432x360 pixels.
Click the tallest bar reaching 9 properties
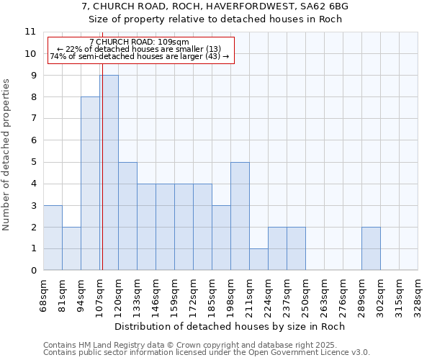(x=109, y=173)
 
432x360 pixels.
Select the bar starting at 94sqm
(x=90, y=184)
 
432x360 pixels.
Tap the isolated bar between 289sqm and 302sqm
(x=371, y=248)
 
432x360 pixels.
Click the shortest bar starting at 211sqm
(x=258, y=259)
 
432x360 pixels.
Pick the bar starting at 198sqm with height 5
(x=240, y=216)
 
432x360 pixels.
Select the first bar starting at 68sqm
(x=53, y=238)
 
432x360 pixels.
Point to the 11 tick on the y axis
(x=30, y=32)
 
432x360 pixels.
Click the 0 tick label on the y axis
(x=33, y=271)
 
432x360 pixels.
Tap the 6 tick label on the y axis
(x=33, y=140)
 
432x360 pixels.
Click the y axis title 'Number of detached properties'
(x=6, y=155)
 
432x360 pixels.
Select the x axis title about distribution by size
(x=230, y=326)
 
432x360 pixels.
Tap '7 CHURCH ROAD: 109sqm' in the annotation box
(x=140, y=42)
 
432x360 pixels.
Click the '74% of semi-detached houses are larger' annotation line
(x=140, y=56)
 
